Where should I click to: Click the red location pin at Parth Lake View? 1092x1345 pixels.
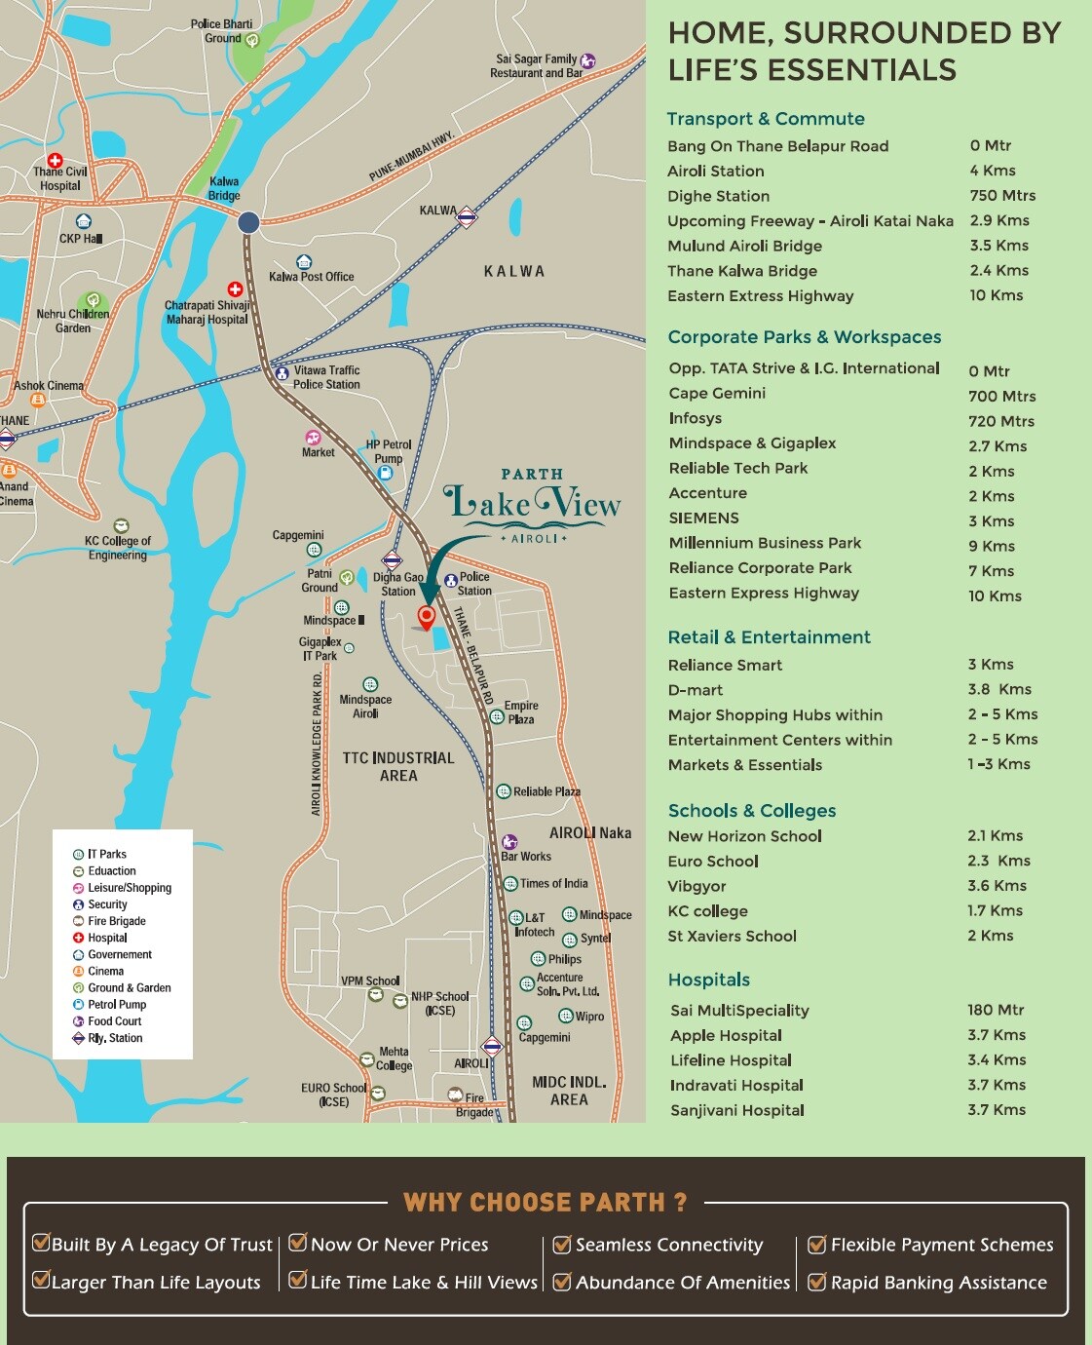click(426, 616)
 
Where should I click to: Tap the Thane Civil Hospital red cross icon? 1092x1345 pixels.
click(55, 161)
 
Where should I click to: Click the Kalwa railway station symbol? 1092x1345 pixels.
click(467, 216)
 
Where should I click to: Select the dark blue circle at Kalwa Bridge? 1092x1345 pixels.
click(248, 222)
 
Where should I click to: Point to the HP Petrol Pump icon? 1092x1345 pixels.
click(385, 473)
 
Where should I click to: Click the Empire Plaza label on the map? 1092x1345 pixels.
click(520, 712)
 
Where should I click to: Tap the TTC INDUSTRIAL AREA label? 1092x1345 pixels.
click(398, 767)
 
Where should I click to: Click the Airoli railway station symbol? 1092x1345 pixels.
click(492, 1048)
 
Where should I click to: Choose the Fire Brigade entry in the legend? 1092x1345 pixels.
click(116, 921)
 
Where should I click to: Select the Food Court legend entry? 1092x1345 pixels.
click(114, 1021)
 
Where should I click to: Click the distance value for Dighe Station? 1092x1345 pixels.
click(1002, 196)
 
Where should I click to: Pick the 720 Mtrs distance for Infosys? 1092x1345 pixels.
click(1001, 421)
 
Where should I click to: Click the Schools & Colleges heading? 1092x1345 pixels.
click(751, 811)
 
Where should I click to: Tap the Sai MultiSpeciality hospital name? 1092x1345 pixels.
click(739, 1011)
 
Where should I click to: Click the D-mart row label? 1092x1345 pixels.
click(696, 690)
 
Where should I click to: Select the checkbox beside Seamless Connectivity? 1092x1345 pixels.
click(561, 1244)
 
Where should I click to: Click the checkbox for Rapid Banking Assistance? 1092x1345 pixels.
click(816, 1282)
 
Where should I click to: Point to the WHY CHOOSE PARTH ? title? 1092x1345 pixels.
click(546, 1202)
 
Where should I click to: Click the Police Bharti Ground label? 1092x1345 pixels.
click(221, 31)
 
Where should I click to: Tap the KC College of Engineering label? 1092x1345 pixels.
click(117, 548)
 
